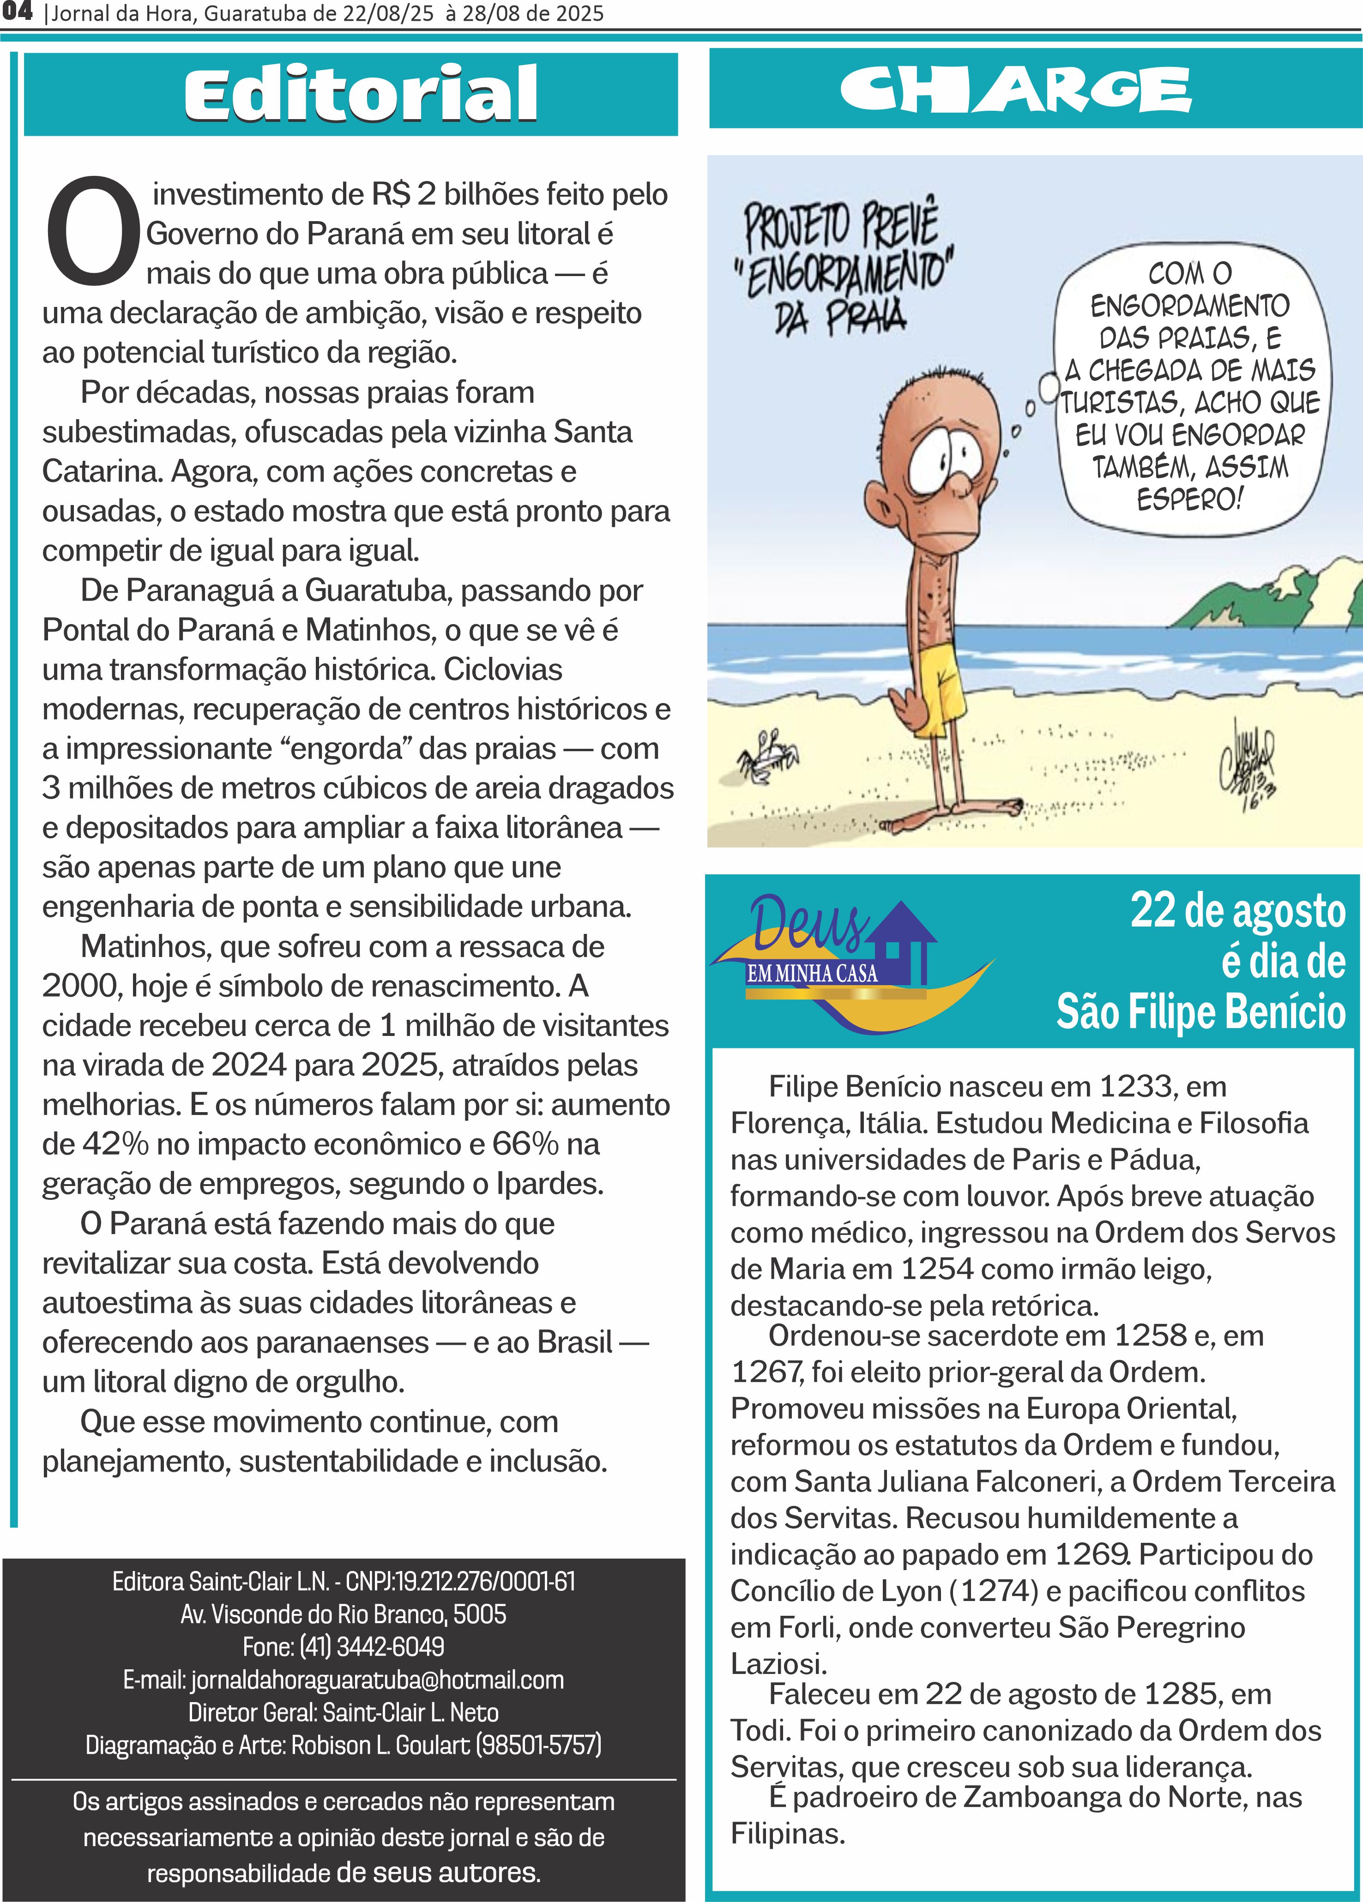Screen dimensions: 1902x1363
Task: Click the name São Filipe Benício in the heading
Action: (x=1200, y=1012)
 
